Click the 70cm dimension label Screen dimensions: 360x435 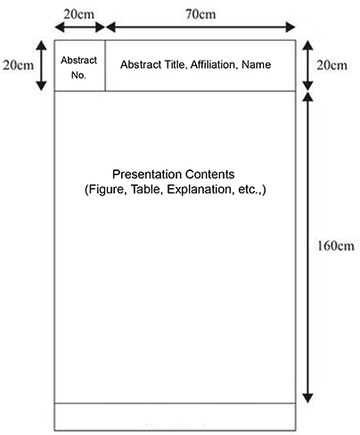coord(200,14)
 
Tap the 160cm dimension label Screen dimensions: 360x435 coord(336,246)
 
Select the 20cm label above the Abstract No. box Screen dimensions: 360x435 coord(79,14)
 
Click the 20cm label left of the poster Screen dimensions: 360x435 coord(18,65)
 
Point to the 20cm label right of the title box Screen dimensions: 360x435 coord(331,65)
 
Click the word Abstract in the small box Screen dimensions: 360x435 coord(79,61)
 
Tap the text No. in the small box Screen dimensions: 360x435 coord(78,75)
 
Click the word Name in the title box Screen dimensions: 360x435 coord(257,64)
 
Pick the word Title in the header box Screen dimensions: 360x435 coord(176,65)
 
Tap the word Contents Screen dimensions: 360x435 coord(209,174)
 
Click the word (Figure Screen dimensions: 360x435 coord(106,190)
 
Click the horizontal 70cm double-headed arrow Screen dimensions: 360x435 coord(200,28)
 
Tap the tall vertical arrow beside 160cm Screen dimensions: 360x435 coord(307,248)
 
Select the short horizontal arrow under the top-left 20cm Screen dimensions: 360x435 coord(79,28)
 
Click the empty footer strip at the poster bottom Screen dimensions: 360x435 coord(175,417)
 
